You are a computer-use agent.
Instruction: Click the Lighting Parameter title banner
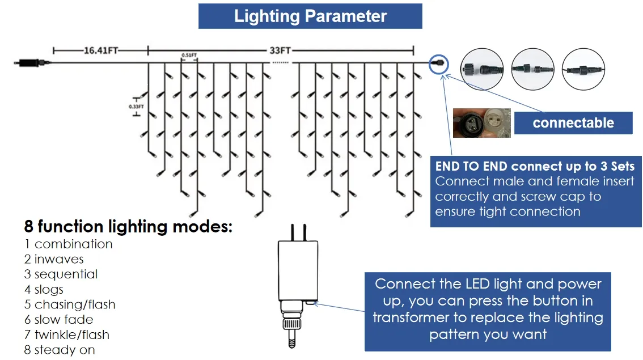click(x=310, y=16)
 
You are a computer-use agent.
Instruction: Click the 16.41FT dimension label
click(x=101, y=50)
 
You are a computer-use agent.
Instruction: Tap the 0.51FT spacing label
click(x=189, y=55)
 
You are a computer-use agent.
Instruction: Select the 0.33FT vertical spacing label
click(x=136, y=106)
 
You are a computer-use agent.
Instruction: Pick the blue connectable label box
click(x=573, y=122)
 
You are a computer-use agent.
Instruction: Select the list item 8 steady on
click(x=60, y=350)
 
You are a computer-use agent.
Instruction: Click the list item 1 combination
click(x=68, y=244)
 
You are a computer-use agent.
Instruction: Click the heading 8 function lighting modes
click(x=128, y=227)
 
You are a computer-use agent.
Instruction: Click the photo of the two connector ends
click(x=481, y=122)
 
